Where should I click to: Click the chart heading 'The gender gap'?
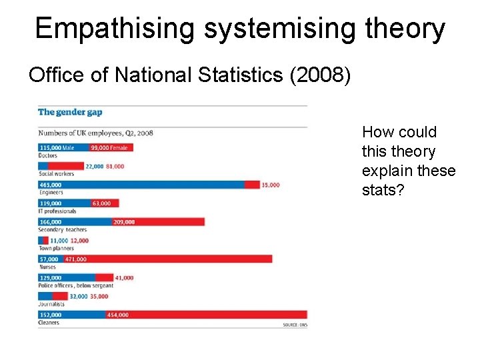(x=70, y=112)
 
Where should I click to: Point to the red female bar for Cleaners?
(x=207, y=315)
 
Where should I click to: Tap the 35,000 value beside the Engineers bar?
(x=270, y=185)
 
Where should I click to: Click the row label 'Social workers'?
(x=57, y=174)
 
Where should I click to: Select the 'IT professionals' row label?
(x=57, y=211)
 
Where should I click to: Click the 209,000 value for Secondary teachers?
(x=124, y=222)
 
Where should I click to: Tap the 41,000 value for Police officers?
(x=124, y=277)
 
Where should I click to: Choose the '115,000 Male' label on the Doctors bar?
(x=57, y=147)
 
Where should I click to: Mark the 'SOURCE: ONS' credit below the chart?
(x=294, y=325)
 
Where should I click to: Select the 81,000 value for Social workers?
(x=115, y=166)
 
